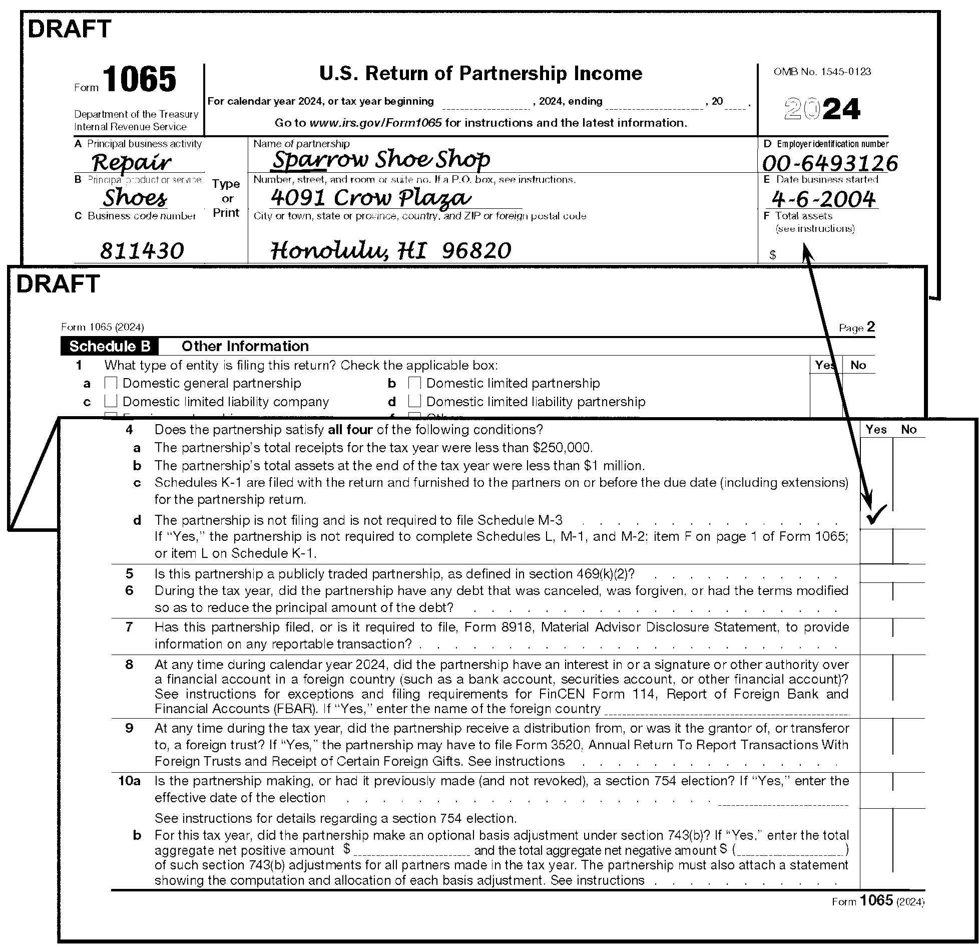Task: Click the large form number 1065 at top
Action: coord(140,80)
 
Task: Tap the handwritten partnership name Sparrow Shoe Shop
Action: coord(380,160)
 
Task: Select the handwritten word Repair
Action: coord(132,162)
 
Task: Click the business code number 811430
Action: coord(142,251)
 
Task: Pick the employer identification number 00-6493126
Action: coord(830,164)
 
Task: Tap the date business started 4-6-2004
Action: coord(823,199)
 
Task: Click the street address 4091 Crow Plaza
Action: coord(370,198)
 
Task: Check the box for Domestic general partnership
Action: coord(111,383)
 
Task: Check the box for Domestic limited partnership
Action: coord(414,383)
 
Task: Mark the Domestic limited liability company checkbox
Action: coord(111,402)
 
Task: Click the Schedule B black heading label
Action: coord(110,347)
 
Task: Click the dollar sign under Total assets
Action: coord(773,255)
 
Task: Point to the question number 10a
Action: coord(129,781)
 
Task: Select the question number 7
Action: coord(129,627)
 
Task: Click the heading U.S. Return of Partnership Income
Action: coord(480,74)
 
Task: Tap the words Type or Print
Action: coord(226,198)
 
